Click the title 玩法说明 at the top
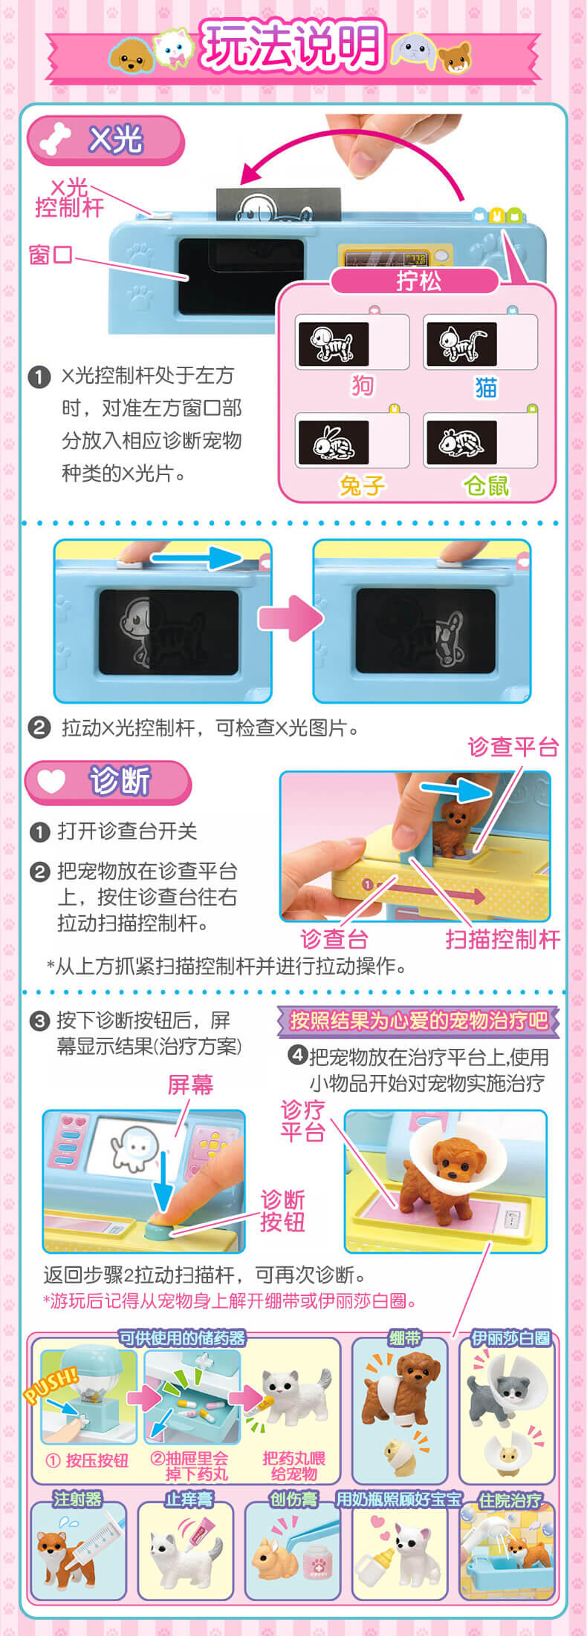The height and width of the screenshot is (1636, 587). tap(292, 46)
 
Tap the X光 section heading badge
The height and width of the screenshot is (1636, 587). tap(106, 140)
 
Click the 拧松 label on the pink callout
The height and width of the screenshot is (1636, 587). tap(418, 281)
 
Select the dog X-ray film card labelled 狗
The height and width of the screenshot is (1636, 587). tap(352, 342)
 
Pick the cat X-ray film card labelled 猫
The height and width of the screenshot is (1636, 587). tap(481, 342)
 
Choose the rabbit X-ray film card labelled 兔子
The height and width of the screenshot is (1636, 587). tap(352, 441)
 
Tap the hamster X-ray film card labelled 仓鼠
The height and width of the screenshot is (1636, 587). tap(481, 441)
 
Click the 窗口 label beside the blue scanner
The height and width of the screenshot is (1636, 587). tap(51, 255)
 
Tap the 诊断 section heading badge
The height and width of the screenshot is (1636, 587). tap(108, 782)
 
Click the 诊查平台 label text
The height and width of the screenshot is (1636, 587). tap(513, 747)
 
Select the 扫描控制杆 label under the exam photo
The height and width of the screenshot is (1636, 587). tap(503, 940)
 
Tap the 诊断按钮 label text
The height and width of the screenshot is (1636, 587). tap(282, 1210)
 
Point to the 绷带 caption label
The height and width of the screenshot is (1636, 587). tap(405, 1338)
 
